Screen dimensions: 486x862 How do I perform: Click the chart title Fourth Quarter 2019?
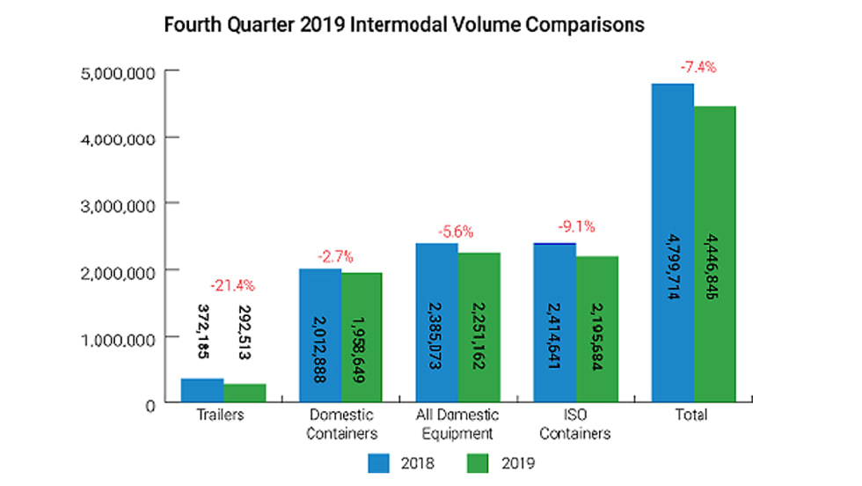click(x=405, y=25)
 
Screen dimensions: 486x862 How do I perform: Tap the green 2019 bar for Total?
click(x=715, y=254)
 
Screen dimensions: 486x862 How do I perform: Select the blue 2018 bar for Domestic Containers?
click(x=319, y=335)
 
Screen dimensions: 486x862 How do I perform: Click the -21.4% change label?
click(x=232, y=285)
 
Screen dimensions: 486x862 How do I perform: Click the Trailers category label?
click(x=223, y=415)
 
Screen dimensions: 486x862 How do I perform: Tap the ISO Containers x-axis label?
click(x=577, y=423)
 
